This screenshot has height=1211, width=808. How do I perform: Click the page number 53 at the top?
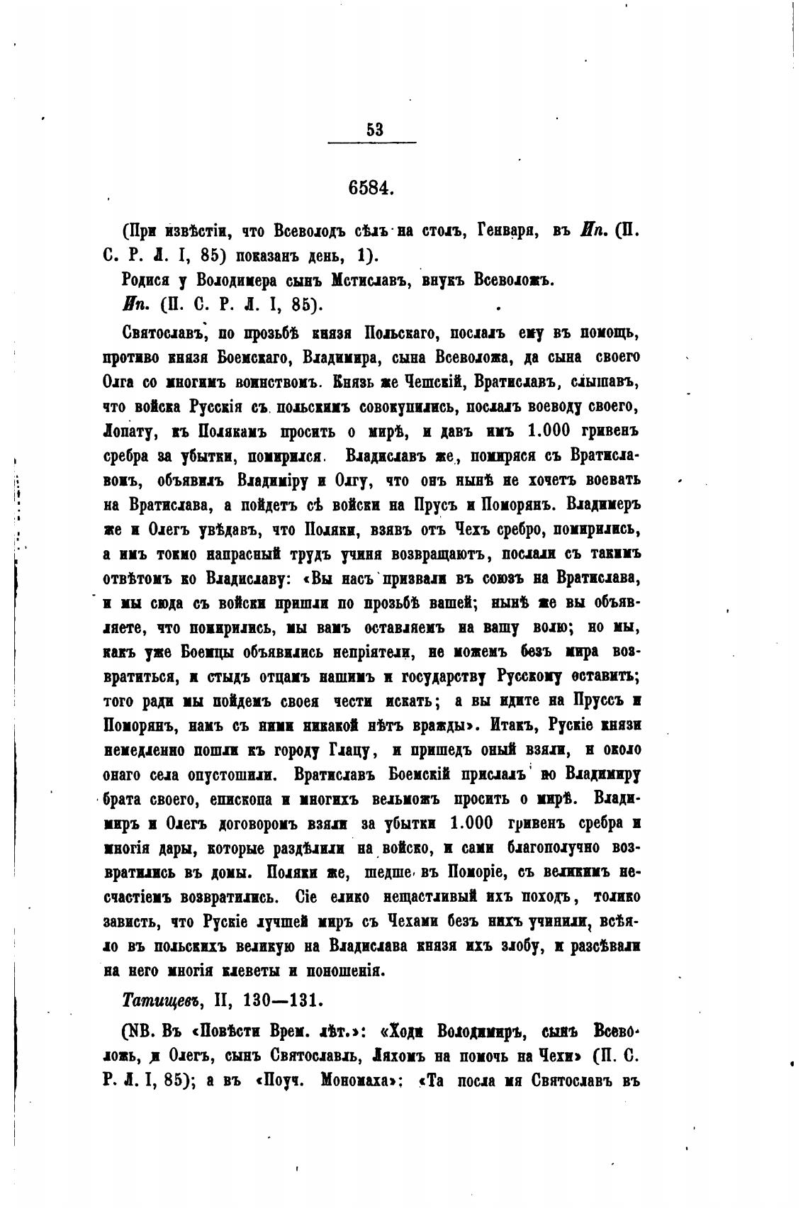(374, 129)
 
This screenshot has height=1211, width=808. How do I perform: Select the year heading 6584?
(371, 189)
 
